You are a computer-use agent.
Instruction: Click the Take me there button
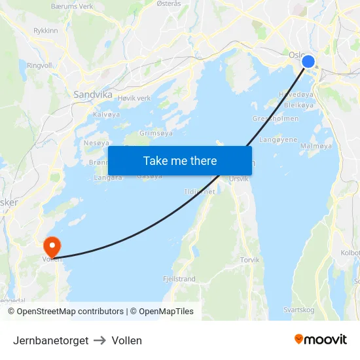point(180,160)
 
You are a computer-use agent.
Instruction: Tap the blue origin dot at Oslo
point(308,62)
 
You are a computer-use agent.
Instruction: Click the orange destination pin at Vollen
point(52,247)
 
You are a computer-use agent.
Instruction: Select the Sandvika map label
point(92,94)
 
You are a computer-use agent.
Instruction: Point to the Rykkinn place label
point(45,31)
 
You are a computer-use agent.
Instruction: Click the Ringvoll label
point(39,65)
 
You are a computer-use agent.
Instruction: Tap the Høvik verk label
point(134,98)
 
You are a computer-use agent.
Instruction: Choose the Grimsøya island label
point(156,133)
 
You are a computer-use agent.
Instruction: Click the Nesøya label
point(96,143)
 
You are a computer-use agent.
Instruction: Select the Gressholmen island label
point(276,118)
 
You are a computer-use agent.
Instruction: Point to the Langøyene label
point(278,139)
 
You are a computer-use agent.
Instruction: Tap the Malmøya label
point(316,146)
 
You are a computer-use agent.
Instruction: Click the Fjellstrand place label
point(179,279)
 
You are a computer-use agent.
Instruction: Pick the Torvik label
point(250,260)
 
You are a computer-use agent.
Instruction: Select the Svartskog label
point(298,310)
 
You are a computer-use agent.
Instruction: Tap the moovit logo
point(321,340)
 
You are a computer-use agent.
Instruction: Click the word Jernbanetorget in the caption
point(50,340)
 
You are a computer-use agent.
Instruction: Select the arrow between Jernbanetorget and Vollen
point(100,340)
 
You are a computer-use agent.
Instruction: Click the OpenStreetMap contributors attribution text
point(70,312)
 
